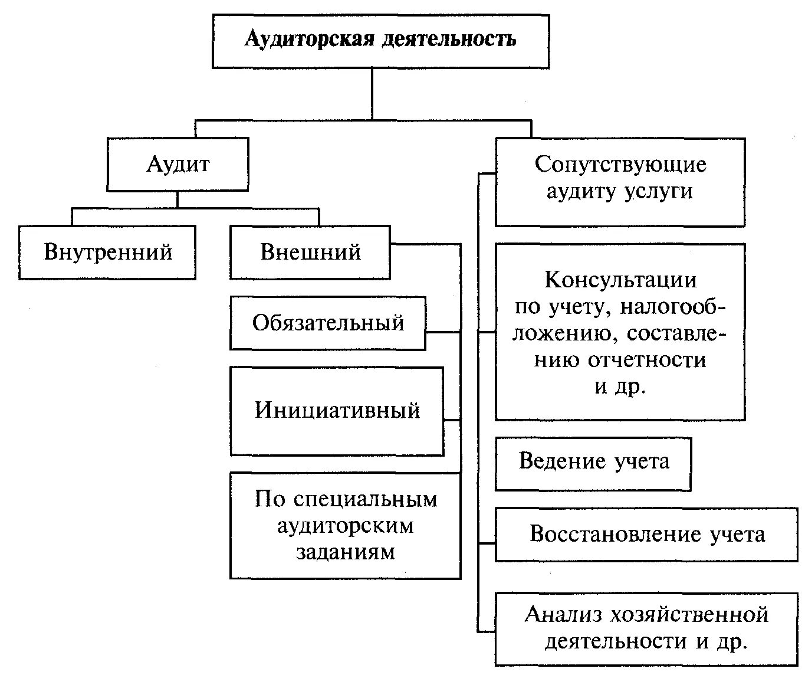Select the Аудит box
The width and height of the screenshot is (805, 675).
178,164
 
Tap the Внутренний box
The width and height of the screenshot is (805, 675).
107,252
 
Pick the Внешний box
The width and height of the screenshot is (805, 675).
310,252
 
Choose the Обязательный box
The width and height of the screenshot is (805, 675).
328,323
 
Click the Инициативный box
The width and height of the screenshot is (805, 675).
337,411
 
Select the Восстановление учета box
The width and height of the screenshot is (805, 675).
647,535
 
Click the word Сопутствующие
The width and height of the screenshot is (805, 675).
620,164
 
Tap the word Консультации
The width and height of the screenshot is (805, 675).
620,279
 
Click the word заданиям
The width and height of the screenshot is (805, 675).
345,552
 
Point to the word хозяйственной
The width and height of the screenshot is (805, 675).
690,615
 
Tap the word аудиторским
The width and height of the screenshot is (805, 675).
345,526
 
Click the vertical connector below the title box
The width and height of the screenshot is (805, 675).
372,94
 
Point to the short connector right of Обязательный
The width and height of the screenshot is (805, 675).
443,332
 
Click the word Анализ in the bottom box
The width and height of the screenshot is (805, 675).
564,615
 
